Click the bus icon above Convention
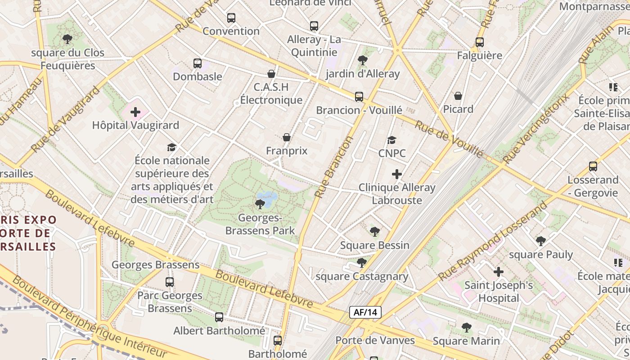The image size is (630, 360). [x=231, y=18]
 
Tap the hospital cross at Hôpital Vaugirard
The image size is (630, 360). [x=135, y=112]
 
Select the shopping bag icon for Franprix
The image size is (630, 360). [x=286, y=137]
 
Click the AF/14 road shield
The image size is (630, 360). [x=365, y=312]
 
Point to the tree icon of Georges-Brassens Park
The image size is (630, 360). [x=260, y=204]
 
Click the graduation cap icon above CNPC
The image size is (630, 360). [x=391, y=140]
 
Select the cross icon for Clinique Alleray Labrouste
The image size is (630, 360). [x=396, y=174]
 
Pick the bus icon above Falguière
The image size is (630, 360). [x=480, y=42]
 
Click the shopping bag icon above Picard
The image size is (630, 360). [x=458, y=96]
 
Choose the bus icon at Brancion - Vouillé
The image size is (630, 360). [x=359, y=97]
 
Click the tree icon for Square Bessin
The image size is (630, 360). [x=374, y=232]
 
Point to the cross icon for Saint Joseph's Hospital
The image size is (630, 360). [x=498, y=272]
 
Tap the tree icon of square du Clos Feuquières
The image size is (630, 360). [x=67, y=39]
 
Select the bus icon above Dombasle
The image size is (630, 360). [x=197, y=63]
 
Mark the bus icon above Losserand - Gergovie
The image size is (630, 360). [x=593, y=166]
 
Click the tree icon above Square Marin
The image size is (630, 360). [x=466, y=328]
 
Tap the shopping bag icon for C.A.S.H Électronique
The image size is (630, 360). [x=271, y=74]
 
